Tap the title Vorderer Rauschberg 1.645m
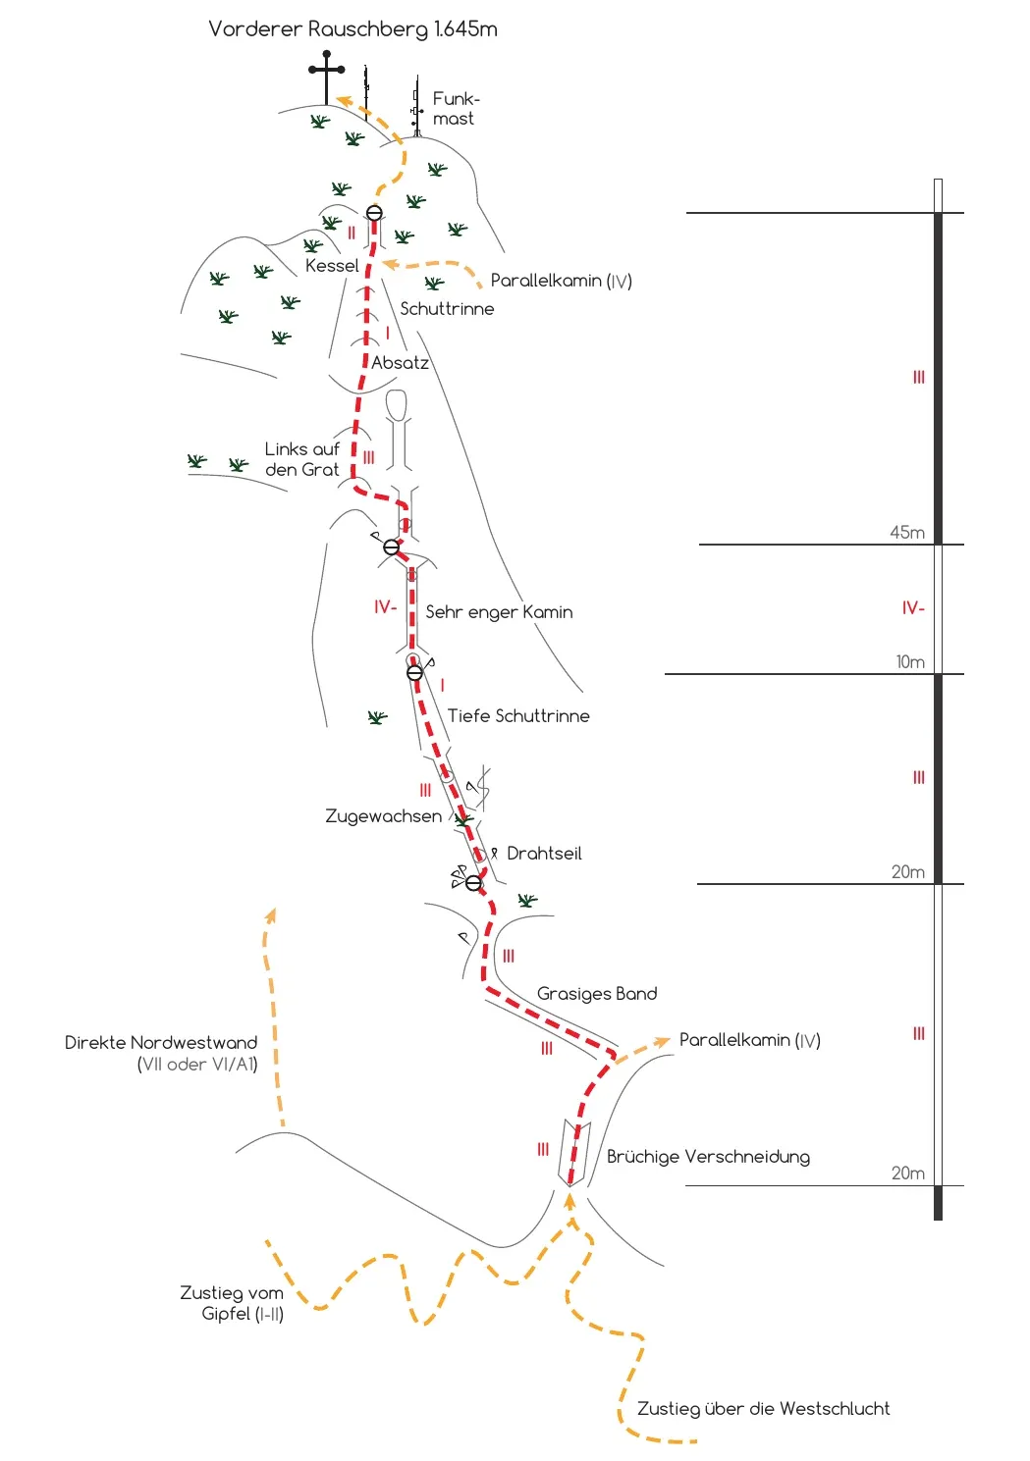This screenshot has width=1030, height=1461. point(352,29)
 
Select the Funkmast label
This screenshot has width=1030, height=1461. point(456,108)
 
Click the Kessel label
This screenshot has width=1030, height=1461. point(332,266)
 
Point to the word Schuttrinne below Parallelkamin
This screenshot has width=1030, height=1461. point(447,308)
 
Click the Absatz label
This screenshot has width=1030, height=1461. point(400,363)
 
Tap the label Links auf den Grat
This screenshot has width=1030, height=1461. point(302,459)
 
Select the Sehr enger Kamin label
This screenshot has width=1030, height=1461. point(499,612)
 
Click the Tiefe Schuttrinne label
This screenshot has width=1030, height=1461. point(518,715)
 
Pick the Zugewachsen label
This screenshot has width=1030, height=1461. point(383,816)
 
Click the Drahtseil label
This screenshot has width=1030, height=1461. point(544,853)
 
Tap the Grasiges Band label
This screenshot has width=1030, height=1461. point(597,993)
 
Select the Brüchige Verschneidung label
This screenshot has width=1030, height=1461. point(708,1157)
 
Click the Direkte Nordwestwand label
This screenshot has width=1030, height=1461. point(161,1053)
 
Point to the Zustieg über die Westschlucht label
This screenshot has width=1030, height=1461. point(763,1408)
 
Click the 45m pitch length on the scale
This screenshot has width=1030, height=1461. point(907,532)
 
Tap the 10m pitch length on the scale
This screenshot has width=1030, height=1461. point(910,662)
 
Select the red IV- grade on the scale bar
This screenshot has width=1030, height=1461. point(913,608)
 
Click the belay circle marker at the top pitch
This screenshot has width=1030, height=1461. point(374,213)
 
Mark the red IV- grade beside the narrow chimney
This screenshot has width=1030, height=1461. point(385,607)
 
